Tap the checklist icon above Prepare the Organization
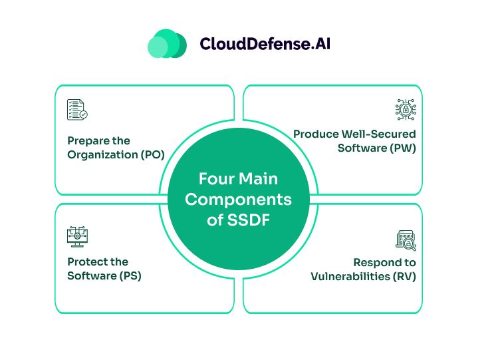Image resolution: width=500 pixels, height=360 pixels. pos(77,110)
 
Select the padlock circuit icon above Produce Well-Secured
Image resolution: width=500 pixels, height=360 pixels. pos(405,110)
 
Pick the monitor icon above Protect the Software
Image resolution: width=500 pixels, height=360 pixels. pos(77,236)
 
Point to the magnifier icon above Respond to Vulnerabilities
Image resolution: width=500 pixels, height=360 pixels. pos(405,240)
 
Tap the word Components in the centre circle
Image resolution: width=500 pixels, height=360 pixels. pos(238,200)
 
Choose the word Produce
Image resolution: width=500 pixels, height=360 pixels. pos(315,134)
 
